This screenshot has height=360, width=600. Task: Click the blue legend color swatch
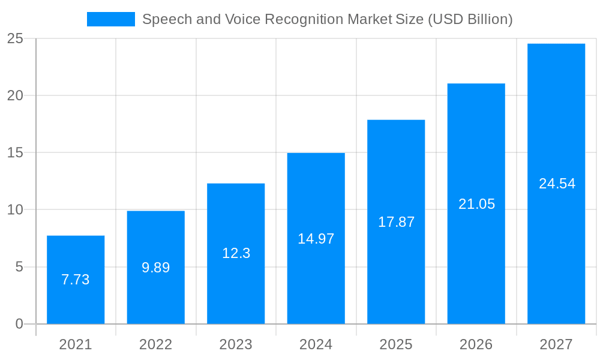coord(111,19)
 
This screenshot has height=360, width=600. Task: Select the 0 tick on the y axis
coord(19,324)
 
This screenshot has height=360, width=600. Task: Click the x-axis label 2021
coord(76,344)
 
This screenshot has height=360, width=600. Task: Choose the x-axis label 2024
coord(316,344)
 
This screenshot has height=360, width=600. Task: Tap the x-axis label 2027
coord(556,344)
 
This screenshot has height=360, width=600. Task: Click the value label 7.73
coord(76,280)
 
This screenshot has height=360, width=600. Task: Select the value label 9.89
coord(156,268)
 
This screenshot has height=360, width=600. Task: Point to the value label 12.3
coord(236,253)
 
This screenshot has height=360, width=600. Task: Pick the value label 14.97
coord(316,239)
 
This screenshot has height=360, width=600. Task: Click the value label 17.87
coord(396,222)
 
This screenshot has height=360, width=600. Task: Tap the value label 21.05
coord(476,204)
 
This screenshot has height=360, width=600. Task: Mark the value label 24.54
coord(557,184)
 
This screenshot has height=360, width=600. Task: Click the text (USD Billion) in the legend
coord(470,19)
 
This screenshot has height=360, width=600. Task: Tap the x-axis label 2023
coord(236,344)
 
